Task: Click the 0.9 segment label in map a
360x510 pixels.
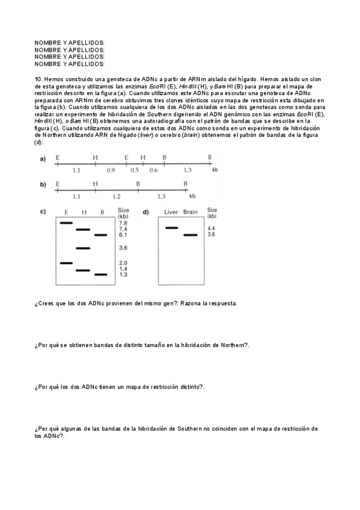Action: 111,170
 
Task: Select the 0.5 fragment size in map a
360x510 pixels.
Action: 134,170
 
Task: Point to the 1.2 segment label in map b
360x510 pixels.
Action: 116,196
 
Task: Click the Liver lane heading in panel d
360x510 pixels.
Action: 171,212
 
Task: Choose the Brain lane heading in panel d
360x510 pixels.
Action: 191,212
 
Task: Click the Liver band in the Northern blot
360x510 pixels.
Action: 171,228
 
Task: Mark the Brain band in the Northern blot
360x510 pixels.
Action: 191,235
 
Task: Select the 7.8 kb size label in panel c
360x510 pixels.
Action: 123,223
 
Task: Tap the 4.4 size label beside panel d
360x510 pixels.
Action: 211,229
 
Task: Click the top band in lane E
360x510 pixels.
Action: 66,223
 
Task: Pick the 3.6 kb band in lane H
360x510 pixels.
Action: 83,248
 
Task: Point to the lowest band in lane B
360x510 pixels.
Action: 100,274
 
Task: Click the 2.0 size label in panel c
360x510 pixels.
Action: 123,263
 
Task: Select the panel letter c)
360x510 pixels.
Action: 43,212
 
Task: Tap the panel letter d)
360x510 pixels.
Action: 146,212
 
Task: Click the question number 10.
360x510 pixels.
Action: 38,79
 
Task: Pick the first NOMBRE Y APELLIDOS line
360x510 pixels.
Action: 70,43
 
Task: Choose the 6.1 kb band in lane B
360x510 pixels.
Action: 100,235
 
